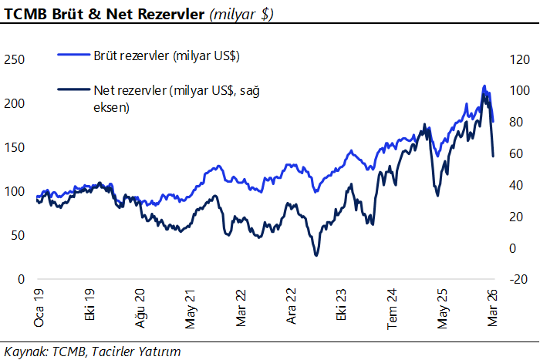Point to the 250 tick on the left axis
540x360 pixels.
[x=15, y=59]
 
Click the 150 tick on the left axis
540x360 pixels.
[x=15, y=147]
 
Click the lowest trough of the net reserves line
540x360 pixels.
[x=316, y=254]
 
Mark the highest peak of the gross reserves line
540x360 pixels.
[x=484, y=86]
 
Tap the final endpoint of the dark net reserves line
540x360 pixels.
[x=493, y=156]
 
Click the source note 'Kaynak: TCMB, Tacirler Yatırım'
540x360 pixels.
[x=93, y=352]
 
